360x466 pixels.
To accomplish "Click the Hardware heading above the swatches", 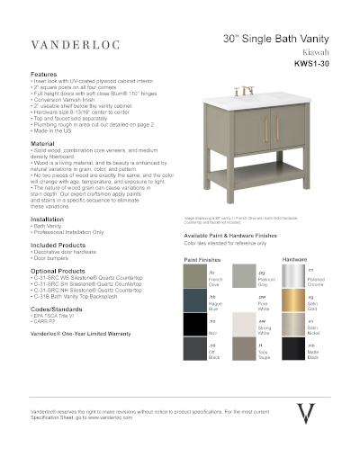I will pos(295,259).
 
